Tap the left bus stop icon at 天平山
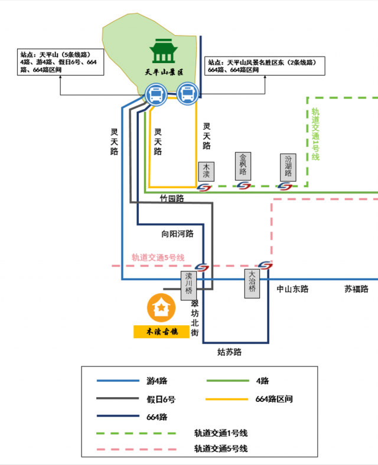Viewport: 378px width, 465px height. coord(156,94)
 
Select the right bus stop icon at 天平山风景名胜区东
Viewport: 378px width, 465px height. coord(187,94)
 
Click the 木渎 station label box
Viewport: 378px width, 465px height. coord(206,171)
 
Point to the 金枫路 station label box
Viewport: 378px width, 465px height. coord(243,166)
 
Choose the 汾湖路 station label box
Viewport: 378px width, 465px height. coord(288,166)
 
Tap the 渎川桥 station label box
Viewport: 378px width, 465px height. coord(188,283)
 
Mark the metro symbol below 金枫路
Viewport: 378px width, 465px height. coord(243,186)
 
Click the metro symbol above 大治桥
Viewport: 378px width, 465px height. coord(265,265)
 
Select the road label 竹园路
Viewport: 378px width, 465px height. coord(172,198)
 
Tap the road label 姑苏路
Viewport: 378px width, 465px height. coord(229,352)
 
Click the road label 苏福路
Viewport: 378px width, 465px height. coord(356,289)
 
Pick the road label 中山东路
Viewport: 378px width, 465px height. coord(293,289)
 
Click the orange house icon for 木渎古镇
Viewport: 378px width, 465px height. coord(160,307)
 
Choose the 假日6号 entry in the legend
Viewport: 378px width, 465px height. coord(161,399)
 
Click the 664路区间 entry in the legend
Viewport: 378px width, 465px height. coord(274,399)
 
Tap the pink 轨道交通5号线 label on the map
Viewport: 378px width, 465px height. coord(158,257)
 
